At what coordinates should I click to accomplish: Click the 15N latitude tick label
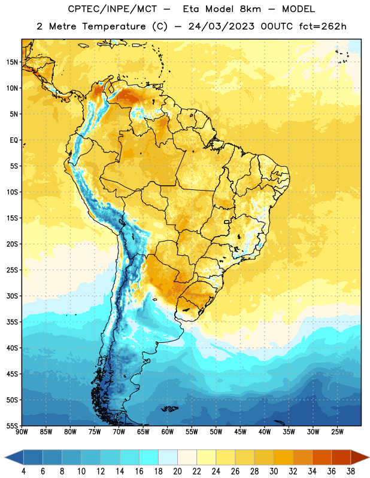pos(12,62)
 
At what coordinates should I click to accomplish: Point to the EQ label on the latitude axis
pos(14,140)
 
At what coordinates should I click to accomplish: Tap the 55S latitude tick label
pos(12,425)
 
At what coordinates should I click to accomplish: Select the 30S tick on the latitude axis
pos(12,296)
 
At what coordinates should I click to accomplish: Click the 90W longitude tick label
pos(22,432)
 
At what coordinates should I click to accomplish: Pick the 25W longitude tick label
pos(337,432)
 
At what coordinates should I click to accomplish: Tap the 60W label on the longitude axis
pos(168,432)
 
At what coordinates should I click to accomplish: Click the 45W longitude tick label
pos(240,432)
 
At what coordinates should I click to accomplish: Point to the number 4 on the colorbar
pos(23,471)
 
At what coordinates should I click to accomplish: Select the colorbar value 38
pos(350,471)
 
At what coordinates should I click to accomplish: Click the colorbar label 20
pos(178,471)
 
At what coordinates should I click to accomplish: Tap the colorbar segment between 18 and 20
pos(168,457)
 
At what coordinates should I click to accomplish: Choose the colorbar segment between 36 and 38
pos(341,457)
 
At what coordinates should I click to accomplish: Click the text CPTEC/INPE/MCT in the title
pos(113,10)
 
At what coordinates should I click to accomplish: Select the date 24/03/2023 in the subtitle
pos(221,26)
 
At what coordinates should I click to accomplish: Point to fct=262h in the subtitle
pos(323,26)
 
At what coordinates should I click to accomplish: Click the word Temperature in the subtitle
pos(114,27)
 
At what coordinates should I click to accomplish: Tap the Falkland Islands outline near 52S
pos(169,409)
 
